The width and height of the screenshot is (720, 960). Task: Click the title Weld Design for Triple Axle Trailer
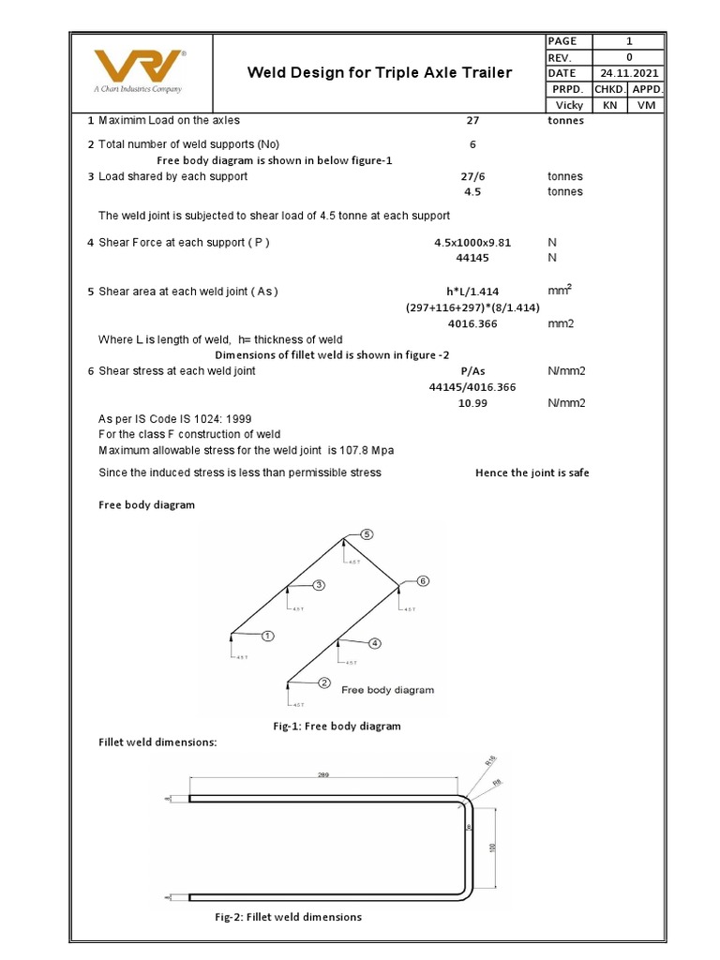coord(379,72)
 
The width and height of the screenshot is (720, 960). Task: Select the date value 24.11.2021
coord(629,73)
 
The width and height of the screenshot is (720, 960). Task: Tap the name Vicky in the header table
coord(569,105)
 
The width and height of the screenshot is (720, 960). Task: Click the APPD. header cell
coord(646,89)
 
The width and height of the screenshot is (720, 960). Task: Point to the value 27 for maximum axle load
coord(472,120)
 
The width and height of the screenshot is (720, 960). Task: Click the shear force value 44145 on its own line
coord(472,257)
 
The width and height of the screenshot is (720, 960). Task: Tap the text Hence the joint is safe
coord(532,472)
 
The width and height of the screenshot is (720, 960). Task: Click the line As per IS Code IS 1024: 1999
coord(175,419)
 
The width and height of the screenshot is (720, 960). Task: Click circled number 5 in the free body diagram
coord(367,534)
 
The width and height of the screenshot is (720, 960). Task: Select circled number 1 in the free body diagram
coord(267,636)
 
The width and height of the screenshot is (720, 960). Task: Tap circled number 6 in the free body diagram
coord(422,581)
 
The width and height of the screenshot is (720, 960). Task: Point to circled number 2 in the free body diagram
coord(324,682)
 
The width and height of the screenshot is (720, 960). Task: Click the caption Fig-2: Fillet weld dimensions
coord(288,917)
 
